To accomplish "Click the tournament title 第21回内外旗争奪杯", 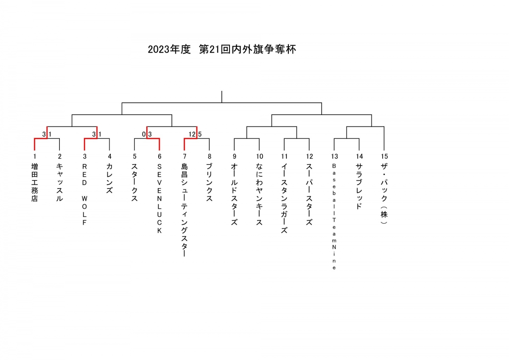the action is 247,49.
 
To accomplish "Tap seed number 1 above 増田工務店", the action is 35,157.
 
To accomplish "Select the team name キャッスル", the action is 59,183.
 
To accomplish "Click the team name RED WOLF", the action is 84,194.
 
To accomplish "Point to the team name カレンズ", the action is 109,179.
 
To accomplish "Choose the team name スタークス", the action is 134,183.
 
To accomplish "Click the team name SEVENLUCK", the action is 159,199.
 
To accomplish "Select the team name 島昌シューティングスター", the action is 184,210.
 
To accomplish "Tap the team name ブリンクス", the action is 209,183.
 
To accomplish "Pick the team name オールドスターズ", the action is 234,194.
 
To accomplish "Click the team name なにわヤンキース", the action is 259,194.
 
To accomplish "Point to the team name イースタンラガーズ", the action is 284,198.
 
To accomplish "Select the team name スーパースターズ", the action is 309,194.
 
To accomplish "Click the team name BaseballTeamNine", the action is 334,217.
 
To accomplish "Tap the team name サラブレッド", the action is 359,186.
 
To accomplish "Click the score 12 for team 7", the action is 192,135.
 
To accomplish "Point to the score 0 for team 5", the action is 144,135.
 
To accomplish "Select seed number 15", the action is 384,157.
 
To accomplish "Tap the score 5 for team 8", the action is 200,135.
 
